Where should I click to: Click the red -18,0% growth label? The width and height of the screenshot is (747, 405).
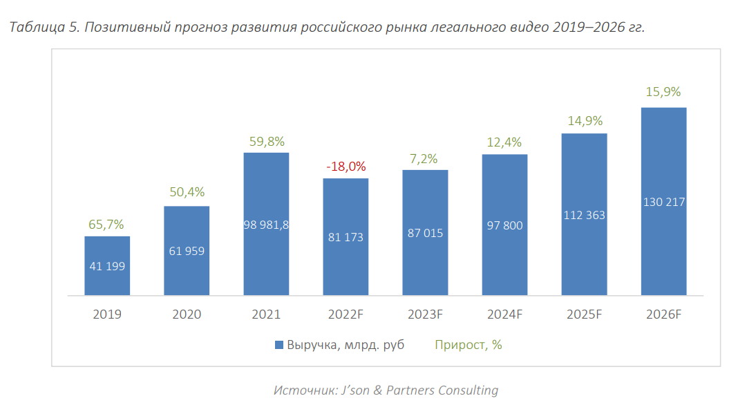346,167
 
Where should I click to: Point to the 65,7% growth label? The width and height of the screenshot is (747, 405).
107,225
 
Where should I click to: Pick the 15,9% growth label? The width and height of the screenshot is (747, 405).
663,92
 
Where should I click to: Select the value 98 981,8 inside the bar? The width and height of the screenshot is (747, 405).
266,225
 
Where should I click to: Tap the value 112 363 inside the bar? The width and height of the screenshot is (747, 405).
584,215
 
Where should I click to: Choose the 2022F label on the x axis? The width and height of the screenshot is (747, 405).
346,314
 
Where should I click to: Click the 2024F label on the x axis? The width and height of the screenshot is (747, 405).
504,314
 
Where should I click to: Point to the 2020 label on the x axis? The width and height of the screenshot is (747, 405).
187,314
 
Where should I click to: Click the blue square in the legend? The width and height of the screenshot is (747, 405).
279,345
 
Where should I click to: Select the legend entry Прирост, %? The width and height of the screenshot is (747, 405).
468,345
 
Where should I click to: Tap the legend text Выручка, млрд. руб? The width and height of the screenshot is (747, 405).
346,345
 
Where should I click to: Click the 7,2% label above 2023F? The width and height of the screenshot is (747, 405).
425,159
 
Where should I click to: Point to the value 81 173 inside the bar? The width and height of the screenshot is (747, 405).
346,237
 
